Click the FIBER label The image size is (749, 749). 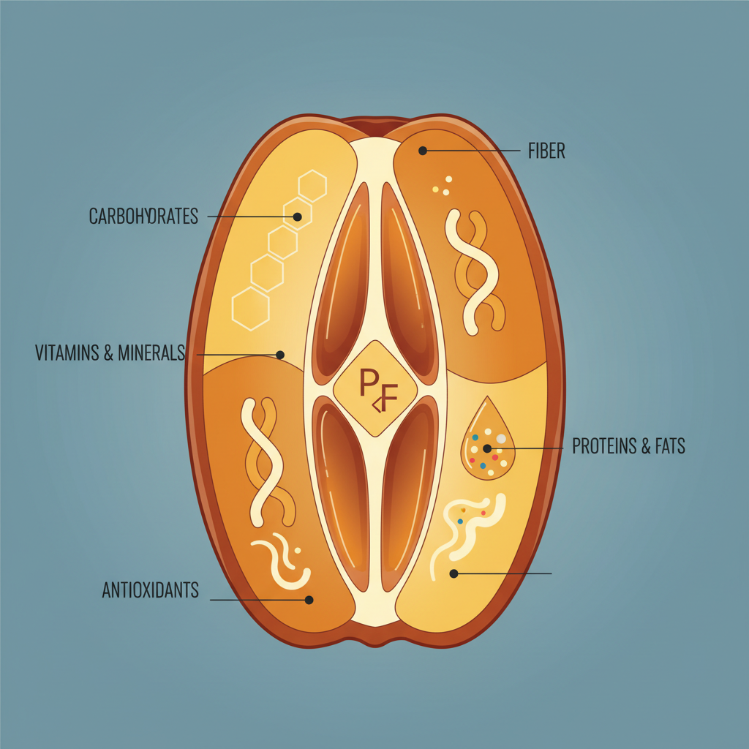coord(546,151)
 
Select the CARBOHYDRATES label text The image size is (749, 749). coord(143,217)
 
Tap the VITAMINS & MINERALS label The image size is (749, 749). coord(110,353)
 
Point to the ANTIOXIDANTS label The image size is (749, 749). coord(150,590)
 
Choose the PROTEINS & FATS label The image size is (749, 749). coord(628,446)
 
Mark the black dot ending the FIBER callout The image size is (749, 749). coord(423,151)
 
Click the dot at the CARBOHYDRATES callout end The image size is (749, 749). coord(297,217)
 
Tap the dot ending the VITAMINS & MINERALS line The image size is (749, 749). coord(280,355)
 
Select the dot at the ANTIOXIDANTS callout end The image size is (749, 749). coord(309,600)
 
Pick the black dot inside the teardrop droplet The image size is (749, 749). coord(486,448)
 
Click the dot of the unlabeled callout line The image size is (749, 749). coord(453,573)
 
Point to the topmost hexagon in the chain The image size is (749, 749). coord(312,186)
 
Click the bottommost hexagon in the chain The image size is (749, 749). coord(251,309)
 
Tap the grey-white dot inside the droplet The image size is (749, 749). coord(501,439)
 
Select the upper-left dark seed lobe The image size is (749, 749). coord(341,282)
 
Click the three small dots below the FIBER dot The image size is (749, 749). coord(443,186)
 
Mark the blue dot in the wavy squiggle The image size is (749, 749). coord(461,521)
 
